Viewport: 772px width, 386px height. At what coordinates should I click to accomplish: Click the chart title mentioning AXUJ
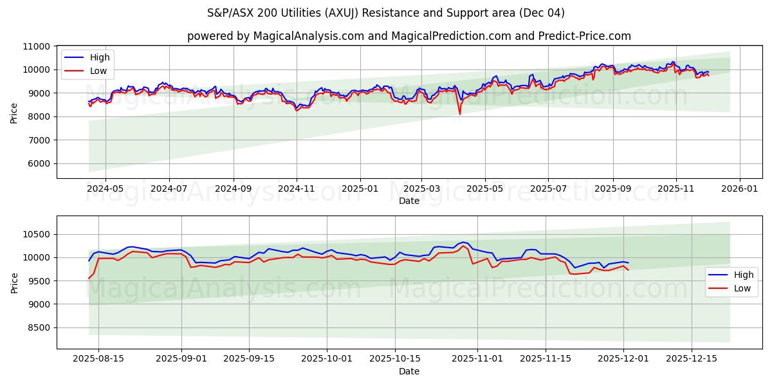coord(386,13)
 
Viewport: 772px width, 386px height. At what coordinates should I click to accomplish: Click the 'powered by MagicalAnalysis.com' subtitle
coord(409,36)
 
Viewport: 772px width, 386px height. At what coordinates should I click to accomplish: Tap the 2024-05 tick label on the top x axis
coord(105,189)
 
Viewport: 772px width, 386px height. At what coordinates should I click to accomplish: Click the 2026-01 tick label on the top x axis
coord(739,189)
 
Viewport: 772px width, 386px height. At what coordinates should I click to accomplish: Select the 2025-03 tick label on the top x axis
coord(422,189)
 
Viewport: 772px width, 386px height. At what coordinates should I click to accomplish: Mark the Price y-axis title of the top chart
coord(14,112)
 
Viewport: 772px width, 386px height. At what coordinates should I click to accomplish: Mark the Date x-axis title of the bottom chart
coord(409,371)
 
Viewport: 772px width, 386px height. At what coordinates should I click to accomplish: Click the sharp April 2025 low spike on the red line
coord(459,114)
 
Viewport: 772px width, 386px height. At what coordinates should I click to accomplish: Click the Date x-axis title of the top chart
coord(409,201)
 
